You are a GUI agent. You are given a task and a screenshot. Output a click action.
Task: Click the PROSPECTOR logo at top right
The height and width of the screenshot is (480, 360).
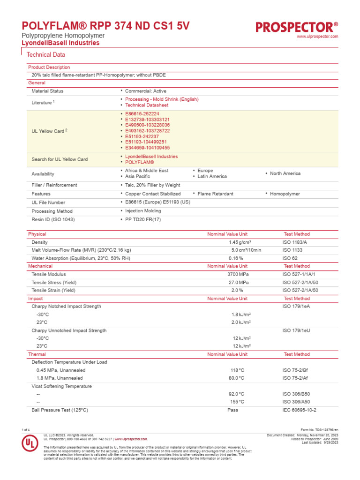(297, 27)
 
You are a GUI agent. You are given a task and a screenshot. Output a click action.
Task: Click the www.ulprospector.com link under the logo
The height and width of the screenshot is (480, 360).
(317, 37)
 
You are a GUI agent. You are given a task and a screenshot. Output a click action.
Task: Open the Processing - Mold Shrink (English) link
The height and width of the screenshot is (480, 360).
(162, 99)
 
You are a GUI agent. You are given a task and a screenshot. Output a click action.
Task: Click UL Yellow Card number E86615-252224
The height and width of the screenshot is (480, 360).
(142, 114)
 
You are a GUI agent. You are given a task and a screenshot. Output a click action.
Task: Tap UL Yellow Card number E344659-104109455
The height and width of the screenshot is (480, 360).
(147, 148)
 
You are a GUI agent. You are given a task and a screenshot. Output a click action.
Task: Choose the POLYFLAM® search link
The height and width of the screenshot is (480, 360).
(139, 162)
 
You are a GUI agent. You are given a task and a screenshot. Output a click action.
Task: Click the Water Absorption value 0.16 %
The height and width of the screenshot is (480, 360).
(236, 258)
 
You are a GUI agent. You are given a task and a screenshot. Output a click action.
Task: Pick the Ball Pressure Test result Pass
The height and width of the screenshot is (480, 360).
(232, 410)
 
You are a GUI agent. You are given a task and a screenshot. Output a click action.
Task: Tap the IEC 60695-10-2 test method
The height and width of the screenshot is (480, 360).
(300, 410)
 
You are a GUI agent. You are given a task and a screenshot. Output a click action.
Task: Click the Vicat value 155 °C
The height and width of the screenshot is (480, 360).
(237, 402)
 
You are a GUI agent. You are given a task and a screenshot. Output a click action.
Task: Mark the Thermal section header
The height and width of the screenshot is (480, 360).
(37, 354)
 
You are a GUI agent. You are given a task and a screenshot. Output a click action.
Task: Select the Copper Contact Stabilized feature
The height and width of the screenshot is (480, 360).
(152, 194)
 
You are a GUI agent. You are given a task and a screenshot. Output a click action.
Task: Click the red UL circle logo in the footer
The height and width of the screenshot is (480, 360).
(29, 444)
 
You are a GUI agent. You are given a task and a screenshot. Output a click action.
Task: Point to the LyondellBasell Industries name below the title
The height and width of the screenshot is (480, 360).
(61, 43)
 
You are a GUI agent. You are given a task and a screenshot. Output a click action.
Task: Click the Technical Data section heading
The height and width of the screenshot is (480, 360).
(46, 55)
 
